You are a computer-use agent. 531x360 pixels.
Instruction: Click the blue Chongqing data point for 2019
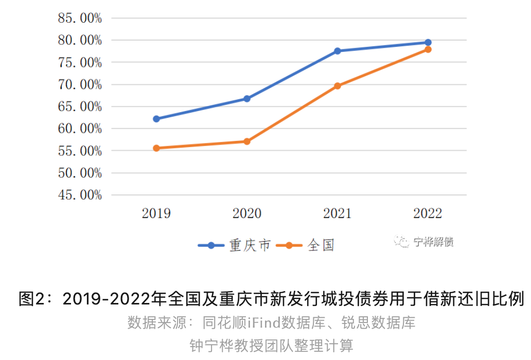(x=156, y=119)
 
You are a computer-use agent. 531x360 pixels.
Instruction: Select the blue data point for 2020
(x=247, y=99)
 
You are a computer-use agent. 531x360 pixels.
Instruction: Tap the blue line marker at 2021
(x=338, y=51)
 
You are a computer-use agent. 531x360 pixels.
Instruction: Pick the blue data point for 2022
(x=428, y=42)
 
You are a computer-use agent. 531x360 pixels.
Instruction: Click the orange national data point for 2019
(x=156, y=148)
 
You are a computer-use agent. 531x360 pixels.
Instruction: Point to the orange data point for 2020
(x=247, y=141)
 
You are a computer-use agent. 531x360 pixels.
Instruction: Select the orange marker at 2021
(x=338, y=86)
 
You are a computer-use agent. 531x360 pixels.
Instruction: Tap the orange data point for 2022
(x=428, y=49)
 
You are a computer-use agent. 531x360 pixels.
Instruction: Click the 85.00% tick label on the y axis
(x=79, y=19)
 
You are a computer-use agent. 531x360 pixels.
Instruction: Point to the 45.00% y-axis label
(x=79, y=195)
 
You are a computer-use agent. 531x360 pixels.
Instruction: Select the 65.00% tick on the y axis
(x=79, y=107)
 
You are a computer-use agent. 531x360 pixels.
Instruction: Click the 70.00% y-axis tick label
(x=79, y=85)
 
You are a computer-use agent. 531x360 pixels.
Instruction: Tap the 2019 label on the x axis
(x=156, y=214)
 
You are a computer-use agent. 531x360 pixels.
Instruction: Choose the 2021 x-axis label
(x=338, y=214)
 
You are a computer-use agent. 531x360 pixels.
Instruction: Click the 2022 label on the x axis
(x=428, y=214)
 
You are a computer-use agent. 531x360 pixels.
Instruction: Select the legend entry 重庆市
(x=250, y=245)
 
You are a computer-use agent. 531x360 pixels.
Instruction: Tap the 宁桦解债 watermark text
(x=433, y=242)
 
